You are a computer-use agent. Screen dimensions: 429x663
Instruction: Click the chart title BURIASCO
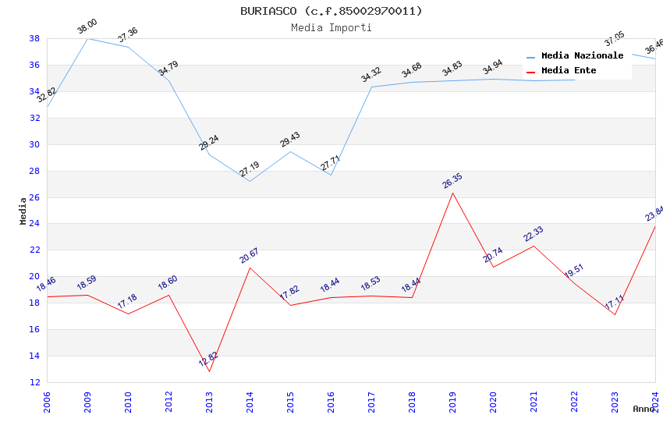pos(331,11)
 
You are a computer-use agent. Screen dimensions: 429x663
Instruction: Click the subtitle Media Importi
pos(331,27)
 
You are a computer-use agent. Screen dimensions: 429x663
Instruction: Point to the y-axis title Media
pos(23,211)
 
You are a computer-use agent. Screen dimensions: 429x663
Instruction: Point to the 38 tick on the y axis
pos(34,38)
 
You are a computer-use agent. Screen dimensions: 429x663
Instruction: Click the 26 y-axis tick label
pos(34,197)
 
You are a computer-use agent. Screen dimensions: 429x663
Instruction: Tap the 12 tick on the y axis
pos(34,382)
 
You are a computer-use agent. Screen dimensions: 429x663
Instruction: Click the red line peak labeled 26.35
pos(452,193)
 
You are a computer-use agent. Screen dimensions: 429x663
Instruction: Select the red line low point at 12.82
pos(209,371)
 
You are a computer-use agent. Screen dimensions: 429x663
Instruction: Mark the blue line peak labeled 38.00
pos(87,38)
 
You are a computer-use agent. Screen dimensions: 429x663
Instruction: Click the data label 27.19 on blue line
pos(250,169)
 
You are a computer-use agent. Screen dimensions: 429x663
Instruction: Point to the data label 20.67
pos(250,255)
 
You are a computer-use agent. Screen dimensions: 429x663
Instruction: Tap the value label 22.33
pos(534,234)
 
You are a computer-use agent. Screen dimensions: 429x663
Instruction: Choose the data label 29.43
pos(290,140)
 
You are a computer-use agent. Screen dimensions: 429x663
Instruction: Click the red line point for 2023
pos(615,314)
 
